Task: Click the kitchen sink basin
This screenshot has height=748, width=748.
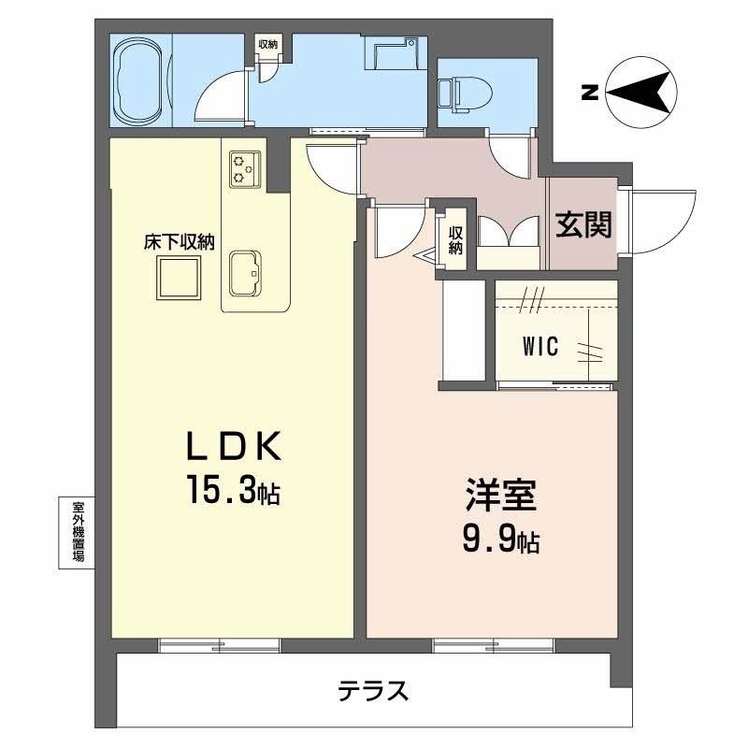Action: pos(248,271)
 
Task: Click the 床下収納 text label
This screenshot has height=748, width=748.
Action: pos(179,241)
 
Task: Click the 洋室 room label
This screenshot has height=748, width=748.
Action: pos(501,496)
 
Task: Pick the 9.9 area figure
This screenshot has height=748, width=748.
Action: pos(490,539)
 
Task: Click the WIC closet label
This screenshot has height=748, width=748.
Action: pos(539,348)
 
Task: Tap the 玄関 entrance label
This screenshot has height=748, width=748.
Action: pos(584,225)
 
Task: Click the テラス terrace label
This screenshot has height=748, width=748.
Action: pos(372,692)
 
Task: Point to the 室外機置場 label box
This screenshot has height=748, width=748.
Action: pos(79,530)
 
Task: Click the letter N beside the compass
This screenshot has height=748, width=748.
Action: pos(589,92)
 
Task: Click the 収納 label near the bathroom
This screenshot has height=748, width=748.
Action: pos(268,44)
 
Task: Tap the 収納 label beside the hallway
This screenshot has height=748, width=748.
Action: pos(455,240)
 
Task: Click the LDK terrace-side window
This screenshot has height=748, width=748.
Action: pos(220,644)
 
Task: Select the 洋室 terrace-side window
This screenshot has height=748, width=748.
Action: pos(493,644)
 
